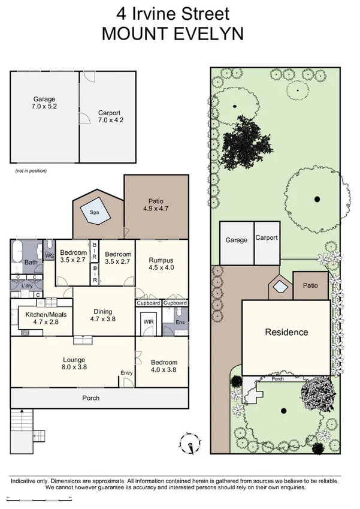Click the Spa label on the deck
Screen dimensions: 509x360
tap(93, 212)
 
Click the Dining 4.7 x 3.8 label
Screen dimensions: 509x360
tap(102, 315)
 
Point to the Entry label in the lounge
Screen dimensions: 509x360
tap(126, 373)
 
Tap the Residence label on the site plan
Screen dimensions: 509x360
tap(286, 332)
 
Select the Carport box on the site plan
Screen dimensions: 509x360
tap(267, 242)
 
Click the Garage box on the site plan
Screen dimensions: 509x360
tap(236, 242)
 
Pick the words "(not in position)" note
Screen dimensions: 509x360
tap(31, 171)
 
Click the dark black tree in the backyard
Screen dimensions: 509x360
tap(244, 143)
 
